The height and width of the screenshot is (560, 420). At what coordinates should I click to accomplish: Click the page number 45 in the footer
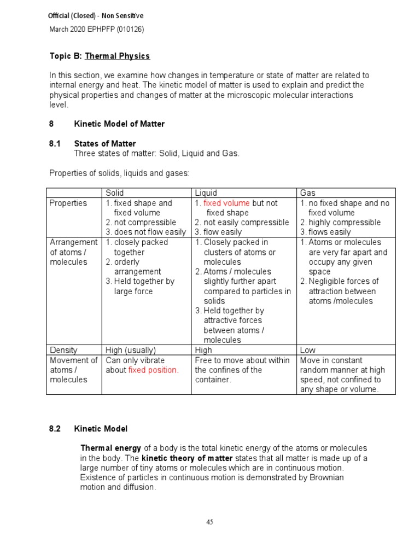tap(209, 522)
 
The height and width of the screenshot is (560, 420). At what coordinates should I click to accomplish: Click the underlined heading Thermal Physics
tap(117, 56)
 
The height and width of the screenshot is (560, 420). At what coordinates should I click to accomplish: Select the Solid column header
tap(115, 192)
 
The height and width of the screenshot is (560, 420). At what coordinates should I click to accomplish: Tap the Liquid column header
tap(206, 192)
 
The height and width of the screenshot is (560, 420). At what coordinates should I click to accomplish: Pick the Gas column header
tap(307, 192)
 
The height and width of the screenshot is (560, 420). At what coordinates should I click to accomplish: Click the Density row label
tap(63, 350)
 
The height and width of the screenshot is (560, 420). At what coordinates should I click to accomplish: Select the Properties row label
tap(68, 203)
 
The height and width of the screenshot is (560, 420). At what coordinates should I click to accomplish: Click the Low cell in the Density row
tap(308, 350)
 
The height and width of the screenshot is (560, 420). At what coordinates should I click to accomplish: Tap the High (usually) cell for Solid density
tap(131, 350)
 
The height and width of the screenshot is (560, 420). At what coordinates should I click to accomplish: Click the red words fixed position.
tap(153, 370)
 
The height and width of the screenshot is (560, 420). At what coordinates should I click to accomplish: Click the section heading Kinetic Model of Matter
tap(119, 124)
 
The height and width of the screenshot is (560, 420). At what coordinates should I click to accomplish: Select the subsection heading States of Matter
tap(105, 144)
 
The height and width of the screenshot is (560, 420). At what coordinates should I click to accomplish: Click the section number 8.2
tap(56, 429)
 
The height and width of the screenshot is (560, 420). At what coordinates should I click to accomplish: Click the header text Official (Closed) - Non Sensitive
tap(96, 16)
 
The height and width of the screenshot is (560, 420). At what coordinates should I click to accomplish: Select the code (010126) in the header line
tap(128, 30)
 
